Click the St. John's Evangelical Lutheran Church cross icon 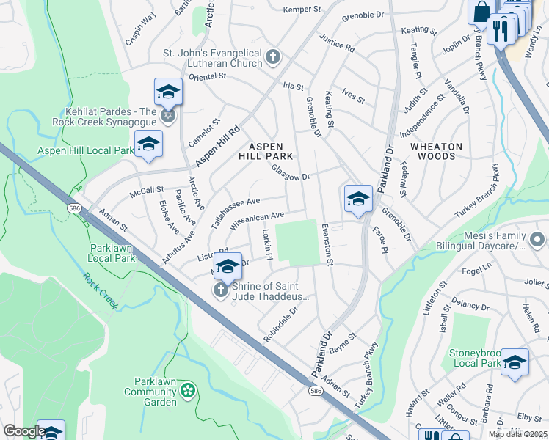pos(273,57)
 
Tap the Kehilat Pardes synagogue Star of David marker pos(168,117)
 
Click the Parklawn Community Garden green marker pos(189,390)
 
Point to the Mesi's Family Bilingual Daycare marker pos(537,240)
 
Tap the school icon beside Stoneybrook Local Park pos(515,362)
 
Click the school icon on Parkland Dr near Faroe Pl pos(357,199)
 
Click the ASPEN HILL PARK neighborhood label pos(266,151)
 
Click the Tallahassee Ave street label pos(235,212)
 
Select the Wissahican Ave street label pos(257,221)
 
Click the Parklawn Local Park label pos(112,253)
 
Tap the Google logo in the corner pos(23,431)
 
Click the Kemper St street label pos(302,9)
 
